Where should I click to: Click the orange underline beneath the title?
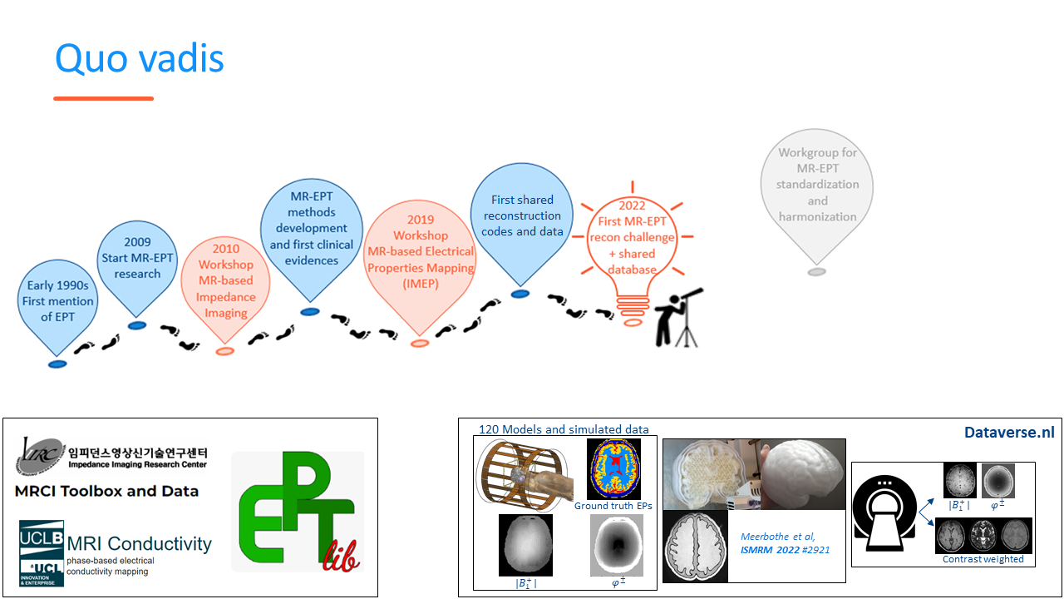pyautogui.click(x=103, y=98)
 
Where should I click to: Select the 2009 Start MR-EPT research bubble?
pyautogui.click(x=137, y=258)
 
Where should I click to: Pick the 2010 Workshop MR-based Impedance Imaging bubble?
pyautogui.click(x=225, y=280)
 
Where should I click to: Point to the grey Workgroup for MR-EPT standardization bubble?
pyautogui.click(x=817, y=185)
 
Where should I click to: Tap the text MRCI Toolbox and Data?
pyautogui.click(x=106, y=491)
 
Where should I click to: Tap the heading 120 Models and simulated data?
pyautogui.click(x=564, y=429)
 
